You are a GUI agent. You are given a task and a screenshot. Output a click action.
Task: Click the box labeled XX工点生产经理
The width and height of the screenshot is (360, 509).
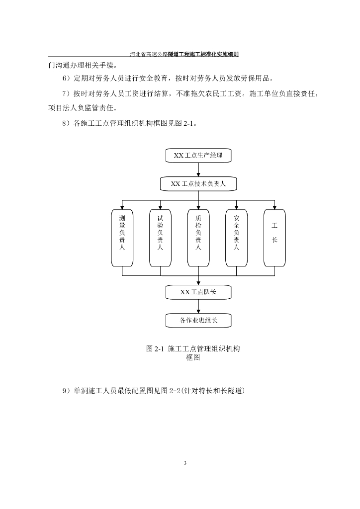tap(198, 156)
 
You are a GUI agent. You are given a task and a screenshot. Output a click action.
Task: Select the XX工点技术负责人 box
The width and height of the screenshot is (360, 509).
tap(198, 184)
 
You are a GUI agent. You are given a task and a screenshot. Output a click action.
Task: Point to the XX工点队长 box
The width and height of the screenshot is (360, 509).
tap(198, 292)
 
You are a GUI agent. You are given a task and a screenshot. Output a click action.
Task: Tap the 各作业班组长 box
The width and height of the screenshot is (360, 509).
tap(198, 320)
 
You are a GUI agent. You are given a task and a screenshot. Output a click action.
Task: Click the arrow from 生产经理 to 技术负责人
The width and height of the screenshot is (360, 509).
tap(198, 170)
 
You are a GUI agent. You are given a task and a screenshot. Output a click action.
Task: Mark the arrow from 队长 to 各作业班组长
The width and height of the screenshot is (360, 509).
tap(198, 306)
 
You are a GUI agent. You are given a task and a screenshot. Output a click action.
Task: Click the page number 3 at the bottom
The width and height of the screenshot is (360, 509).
tap(185, 463)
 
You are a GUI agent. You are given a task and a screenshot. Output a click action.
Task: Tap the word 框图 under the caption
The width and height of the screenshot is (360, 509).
tap(192, 358)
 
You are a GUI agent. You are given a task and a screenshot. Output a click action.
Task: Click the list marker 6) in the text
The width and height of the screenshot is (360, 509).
tap(67, 79)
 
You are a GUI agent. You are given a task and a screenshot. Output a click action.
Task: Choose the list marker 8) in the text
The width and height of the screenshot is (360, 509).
tap(67, 124)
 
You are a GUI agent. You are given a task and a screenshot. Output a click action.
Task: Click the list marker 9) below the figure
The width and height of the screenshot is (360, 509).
tap(67, 391)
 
